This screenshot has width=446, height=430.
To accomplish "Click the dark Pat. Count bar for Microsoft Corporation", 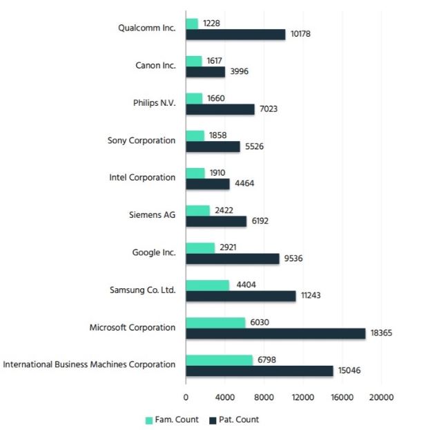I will click(275, 333).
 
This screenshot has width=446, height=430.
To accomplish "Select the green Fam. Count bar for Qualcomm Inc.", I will click(192, 24).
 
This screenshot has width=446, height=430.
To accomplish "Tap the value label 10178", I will click(300, 34).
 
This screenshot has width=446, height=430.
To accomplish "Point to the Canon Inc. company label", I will click(155, 66).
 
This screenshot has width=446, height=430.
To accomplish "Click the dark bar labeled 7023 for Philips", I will click(220, 109).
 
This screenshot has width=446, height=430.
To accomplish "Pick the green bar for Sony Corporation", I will click(195, 135).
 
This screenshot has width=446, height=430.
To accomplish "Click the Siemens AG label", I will click(153, 215).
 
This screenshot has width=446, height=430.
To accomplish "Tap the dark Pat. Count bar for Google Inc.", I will click(233, 259).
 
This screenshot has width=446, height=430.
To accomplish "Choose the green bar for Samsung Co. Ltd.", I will click(207, 285).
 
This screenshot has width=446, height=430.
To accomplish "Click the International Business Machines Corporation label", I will click(89, 364).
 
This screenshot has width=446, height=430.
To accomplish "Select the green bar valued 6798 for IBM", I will click(219, 359).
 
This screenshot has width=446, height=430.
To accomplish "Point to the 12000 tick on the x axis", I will click(303, 398).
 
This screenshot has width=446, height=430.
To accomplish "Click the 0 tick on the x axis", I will click(186, 398).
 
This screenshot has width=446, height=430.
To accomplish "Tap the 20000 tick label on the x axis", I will click(382, 398).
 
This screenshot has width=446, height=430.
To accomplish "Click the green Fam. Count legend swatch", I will click(148, 420).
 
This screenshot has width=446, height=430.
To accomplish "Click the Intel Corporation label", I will click(142, 178).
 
